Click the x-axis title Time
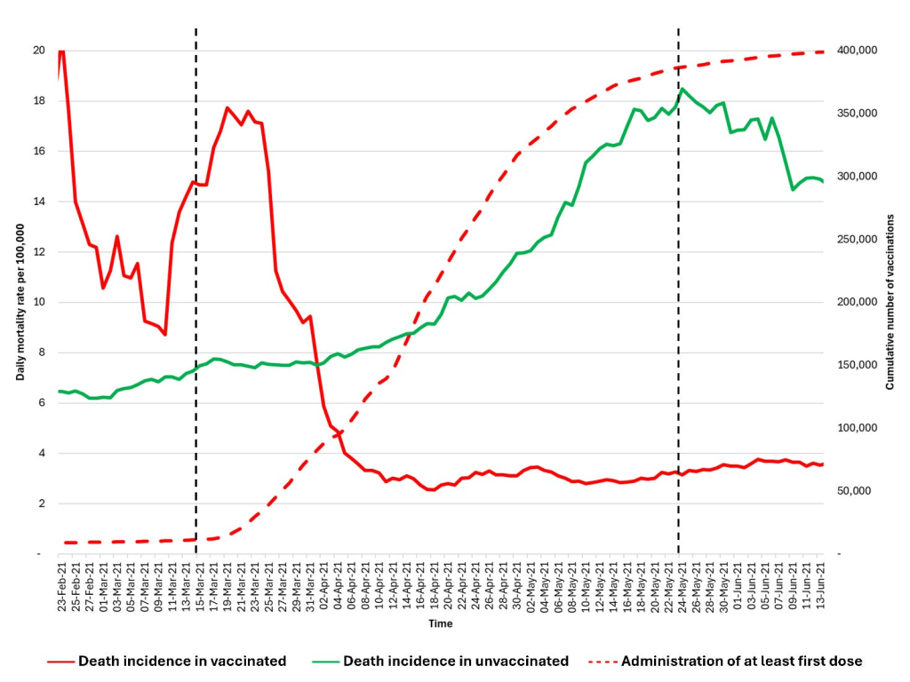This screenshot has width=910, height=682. click(440, 623)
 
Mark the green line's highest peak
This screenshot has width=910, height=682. click(682, 89)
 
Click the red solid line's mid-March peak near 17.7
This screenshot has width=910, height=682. click(227, 108)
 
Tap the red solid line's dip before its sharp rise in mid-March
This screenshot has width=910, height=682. click(165, 334)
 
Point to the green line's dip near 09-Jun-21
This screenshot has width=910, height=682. click(794, 189)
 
